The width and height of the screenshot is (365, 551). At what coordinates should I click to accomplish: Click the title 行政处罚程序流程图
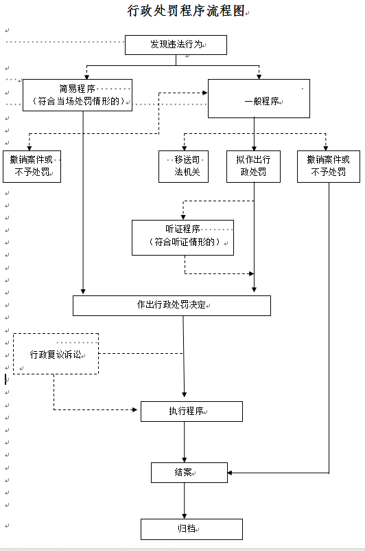point(186,11)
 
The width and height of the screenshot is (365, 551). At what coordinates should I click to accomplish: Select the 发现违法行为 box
point(176,45)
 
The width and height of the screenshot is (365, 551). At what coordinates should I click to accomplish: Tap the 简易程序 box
point(78,95)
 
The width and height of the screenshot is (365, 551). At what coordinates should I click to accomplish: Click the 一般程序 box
point(259,98)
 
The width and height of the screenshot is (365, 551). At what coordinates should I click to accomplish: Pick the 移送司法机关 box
point(184,166)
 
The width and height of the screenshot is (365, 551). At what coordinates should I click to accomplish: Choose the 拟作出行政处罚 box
point(253,166)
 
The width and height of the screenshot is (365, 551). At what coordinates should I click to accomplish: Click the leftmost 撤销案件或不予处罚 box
point(32,166)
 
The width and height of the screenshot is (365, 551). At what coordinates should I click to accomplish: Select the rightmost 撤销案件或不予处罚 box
point(329,166)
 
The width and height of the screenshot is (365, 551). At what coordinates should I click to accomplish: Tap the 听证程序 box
point(183,238)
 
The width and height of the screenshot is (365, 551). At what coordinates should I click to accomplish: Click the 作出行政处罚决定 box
point(172,306)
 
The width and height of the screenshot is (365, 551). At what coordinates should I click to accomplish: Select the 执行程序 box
point(191,412)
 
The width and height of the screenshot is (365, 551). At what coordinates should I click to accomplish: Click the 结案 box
point(189,473)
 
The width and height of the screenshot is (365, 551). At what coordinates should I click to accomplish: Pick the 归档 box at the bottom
point(191,529)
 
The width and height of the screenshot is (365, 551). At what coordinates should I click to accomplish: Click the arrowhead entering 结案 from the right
point(230,473)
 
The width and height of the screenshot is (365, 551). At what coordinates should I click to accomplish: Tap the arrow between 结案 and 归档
point(185,501)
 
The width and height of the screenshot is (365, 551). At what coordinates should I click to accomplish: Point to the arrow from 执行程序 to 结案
point(185,442)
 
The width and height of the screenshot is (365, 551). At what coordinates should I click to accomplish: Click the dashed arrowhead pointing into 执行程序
point(134,409)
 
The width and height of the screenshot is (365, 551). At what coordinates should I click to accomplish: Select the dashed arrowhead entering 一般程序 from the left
point(204,93)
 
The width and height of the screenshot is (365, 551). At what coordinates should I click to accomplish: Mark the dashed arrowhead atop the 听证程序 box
point(183,217)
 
